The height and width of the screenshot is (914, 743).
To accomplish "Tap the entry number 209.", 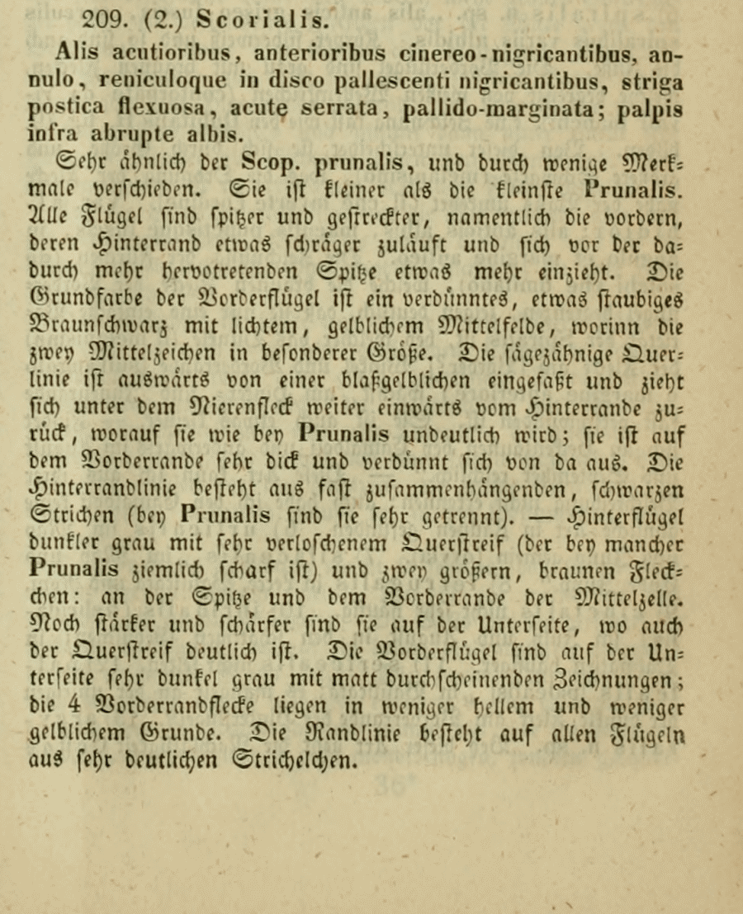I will click(102, 18).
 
